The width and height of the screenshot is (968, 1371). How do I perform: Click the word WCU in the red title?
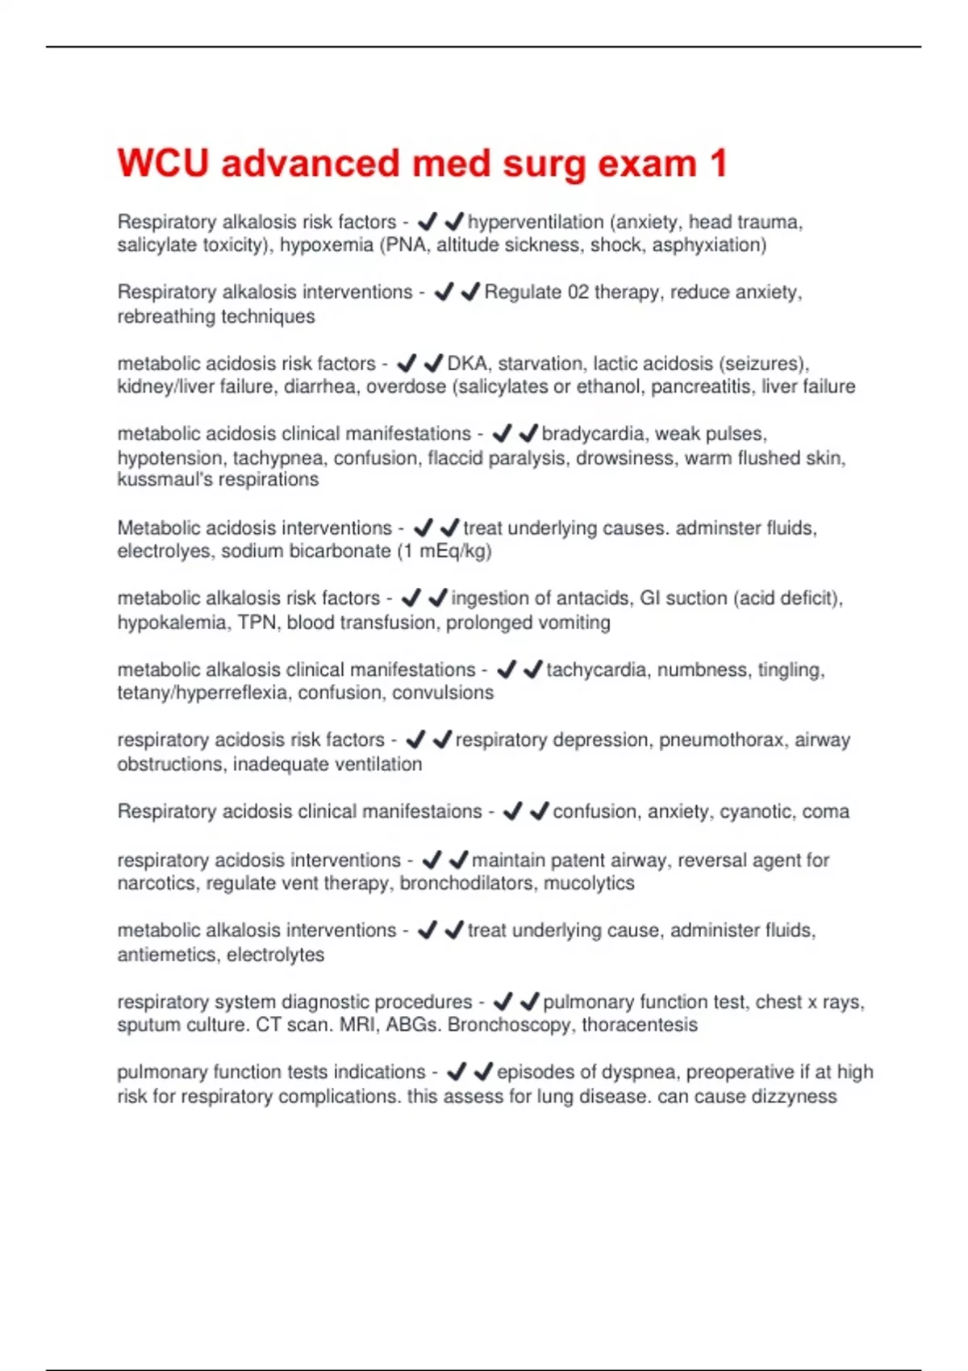click(163, 163)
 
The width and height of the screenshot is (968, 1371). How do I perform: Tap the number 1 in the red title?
click(718, 163)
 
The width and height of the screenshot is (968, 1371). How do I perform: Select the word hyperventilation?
click(536, 222)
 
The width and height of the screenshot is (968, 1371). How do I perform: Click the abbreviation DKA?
click(468, 363)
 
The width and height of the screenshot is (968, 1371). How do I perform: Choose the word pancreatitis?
click(701, 386)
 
